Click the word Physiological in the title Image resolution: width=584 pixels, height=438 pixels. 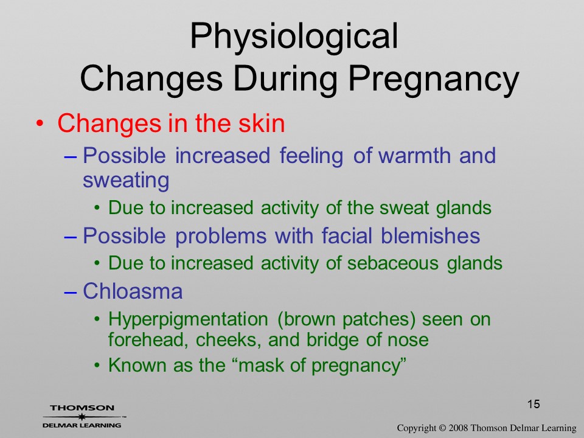(294, 37)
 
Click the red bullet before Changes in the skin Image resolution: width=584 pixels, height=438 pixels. (40, 123)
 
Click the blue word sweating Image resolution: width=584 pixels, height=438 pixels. (126, 181)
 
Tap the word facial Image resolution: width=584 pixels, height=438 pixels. (347, 235)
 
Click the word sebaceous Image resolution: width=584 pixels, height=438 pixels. (393, 263)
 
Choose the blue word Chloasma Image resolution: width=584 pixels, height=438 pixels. (133, 291)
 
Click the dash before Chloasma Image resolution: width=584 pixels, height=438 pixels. (70, 293)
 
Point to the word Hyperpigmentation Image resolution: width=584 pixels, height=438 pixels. (188, 320)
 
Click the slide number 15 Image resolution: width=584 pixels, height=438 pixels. (534, 404)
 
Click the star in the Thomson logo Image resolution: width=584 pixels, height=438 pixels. (82, 417)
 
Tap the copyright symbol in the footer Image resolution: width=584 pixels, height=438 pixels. (442, 428)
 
